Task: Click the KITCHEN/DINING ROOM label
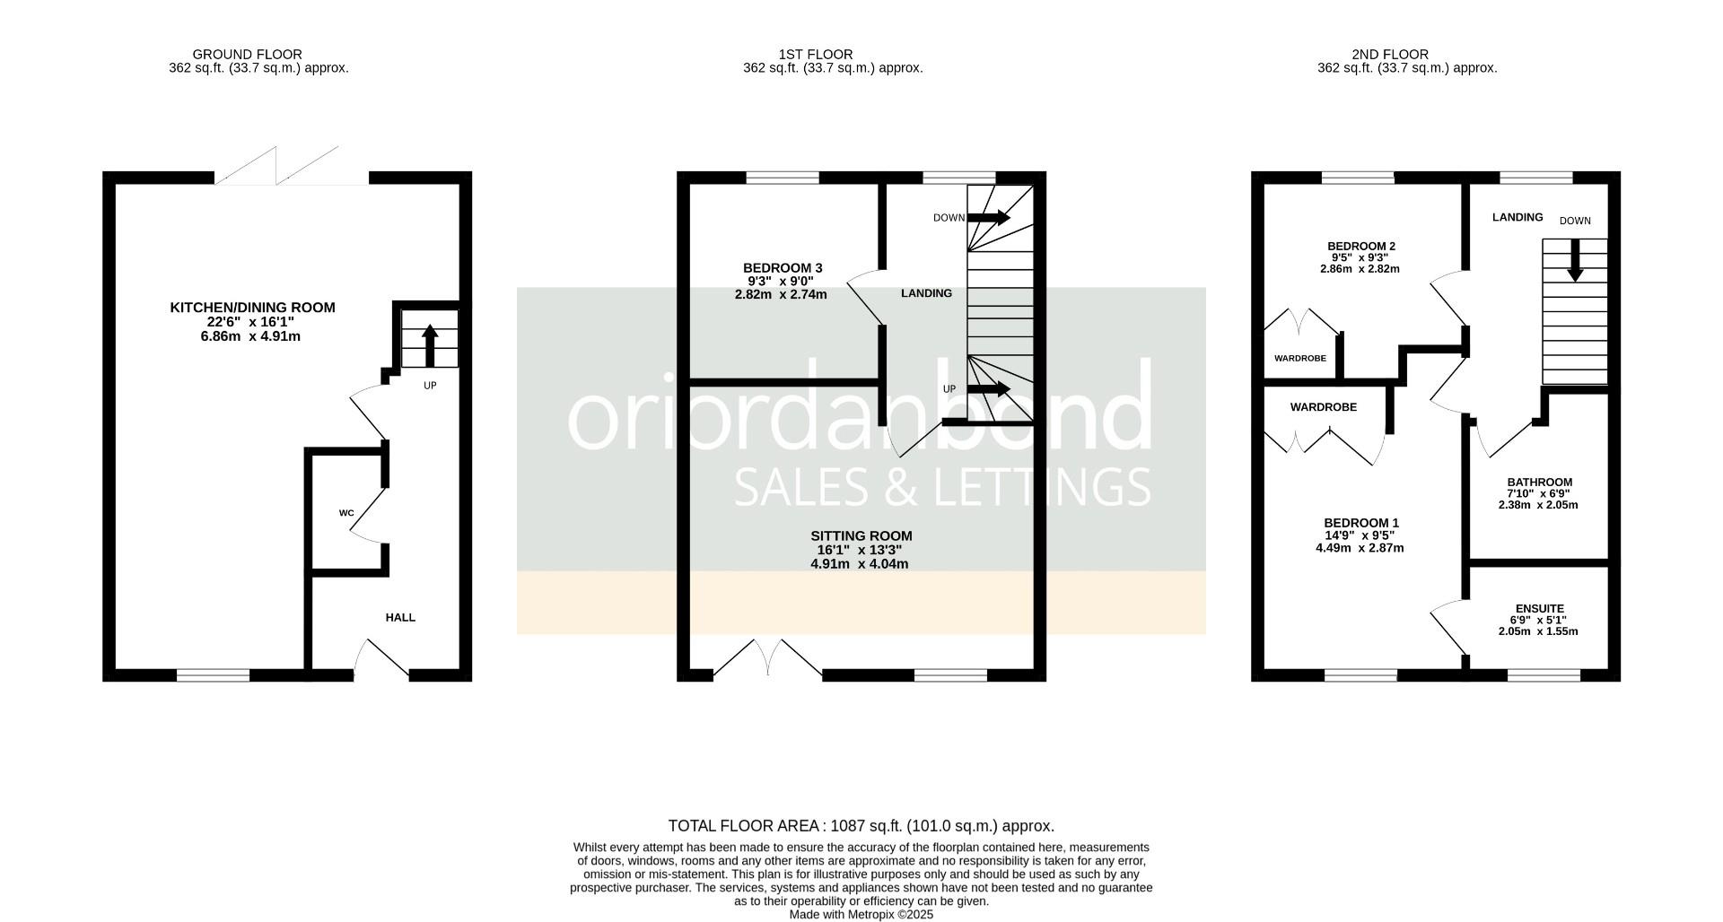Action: click(x=252, y=308)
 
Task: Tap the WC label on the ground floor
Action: click(x=346, y=514)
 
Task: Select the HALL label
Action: click(x=400, y=617)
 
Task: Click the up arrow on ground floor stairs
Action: click(x=430, y=344)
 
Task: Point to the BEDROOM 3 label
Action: click(x=782, y=267)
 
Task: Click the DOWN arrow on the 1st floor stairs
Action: click(x=988, y=218)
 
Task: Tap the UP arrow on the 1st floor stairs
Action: click(x=988, y=389)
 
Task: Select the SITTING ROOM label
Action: click(x=861, y=535)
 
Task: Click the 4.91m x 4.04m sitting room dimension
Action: click(x=859, y=564)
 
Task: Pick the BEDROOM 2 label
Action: click(x=1360, y=246)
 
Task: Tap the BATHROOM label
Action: click(x=1539, y=482)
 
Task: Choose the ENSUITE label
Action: click(x=1538, y=608)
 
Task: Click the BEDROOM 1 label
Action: click(x=1360, y=523)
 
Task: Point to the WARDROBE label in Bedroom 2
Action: click(x=1299, y=358)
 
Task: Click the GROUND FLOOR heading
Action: click(x=247, y=54)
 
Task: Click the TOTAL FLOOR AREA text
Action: click(x=861, y=826)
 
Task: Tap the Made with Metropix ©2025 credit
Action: click(x=861, y=915)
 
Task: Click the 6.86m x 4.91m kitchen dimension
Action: click(x=250, y=336)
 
